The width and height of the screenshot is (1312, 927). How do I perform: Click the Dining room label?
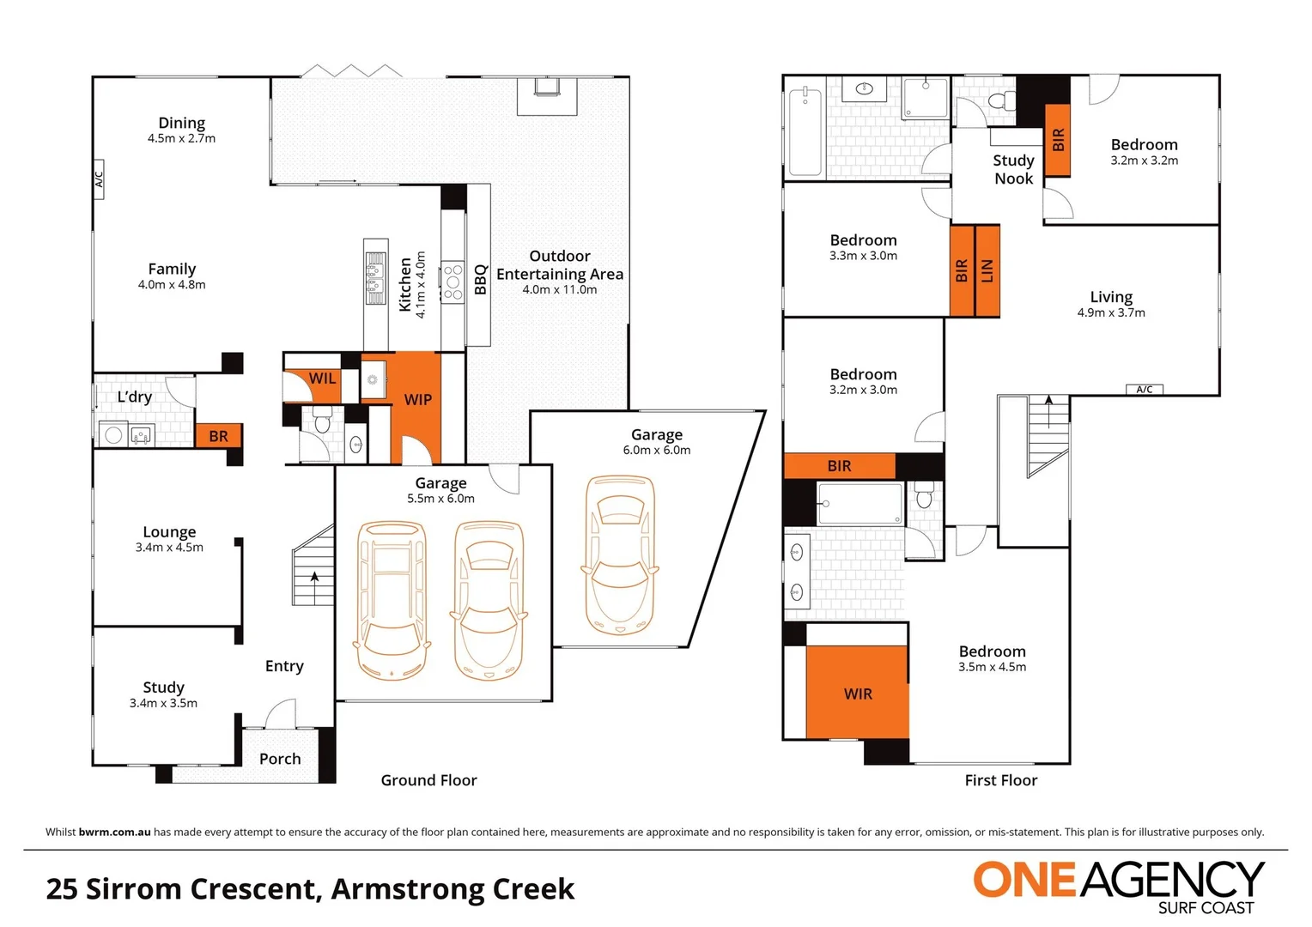181,124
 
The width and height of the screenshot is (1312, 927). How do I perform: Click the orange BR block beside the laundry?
218,436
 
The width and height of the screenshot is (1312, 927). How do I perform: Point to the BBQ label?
480,280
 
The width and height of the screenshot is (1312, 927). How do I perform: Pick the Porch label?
280,759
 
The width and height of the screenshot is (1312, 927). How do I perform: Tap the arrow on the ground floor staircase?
315,577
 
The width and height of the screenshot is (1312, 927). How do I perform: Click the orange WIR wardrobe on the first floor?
857,693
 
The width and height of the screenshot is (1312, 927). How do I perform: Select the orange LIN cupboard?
987,271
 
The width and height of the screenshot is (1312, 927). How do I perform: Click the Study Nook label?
1013,169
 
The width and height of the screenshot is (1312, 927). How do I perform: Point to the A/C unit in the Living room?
1144,390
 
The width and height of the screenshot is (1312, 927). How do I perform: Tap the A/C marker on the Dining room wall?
99,179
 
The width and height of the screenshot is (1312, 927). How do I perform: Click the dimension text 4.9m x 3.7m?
1111,312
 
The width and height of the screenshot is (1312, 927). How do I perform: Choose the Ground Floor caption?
428,780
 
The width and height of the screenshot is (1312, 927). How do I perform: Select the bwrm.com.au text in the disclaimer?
114,832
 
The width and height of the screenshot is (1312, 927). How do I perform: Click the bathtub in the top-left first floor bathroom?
805,131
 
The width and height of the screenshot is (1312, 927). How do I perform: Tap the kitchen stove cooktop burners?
453,281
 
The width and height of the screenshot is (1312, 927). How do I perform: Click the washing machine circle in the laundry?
113,435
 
